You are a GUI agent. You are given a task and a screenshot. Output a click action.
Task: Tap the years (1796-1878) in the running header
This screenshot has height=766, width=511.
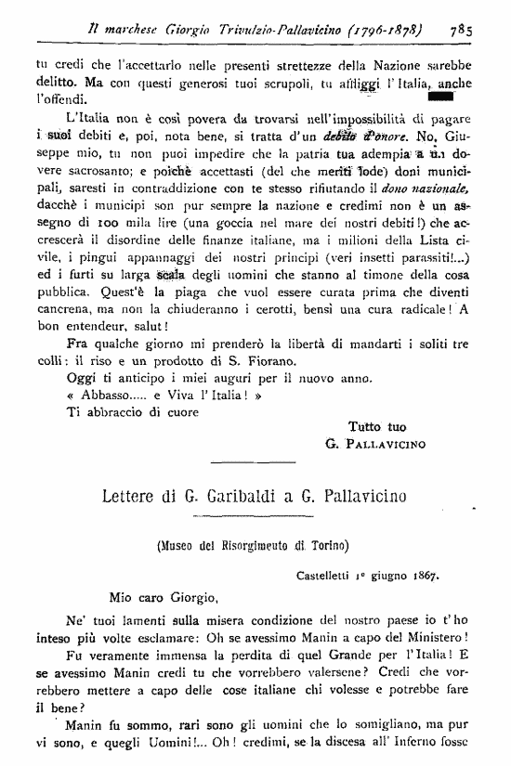[x=382, y=29]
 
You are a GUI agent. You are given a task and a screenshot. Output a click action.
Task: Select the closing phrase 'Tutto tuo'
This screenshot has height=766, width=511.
[x=377, y=425]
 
